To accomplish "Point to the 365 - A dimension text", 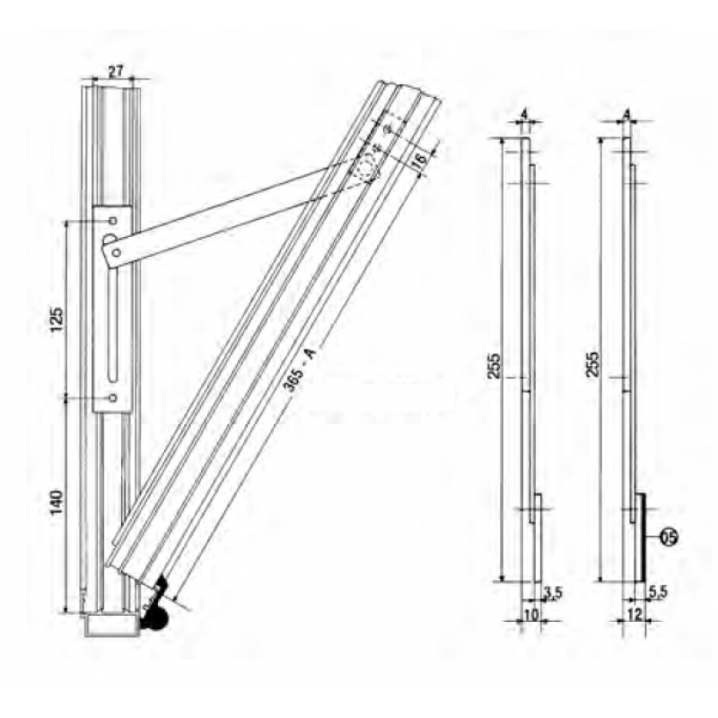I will click(300, 367).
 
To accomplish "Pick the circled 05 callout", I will click(669, 538).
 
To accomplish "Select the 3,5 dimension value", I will click(553, 591).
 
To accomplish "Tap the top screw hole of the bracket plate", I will click(112, 220).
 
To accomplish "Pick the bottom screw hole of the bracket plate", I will click(112, 397).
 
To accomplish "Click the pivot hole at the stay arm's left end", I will click(110, 240).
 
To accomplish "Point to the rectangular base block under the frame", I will click(112, 626).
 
